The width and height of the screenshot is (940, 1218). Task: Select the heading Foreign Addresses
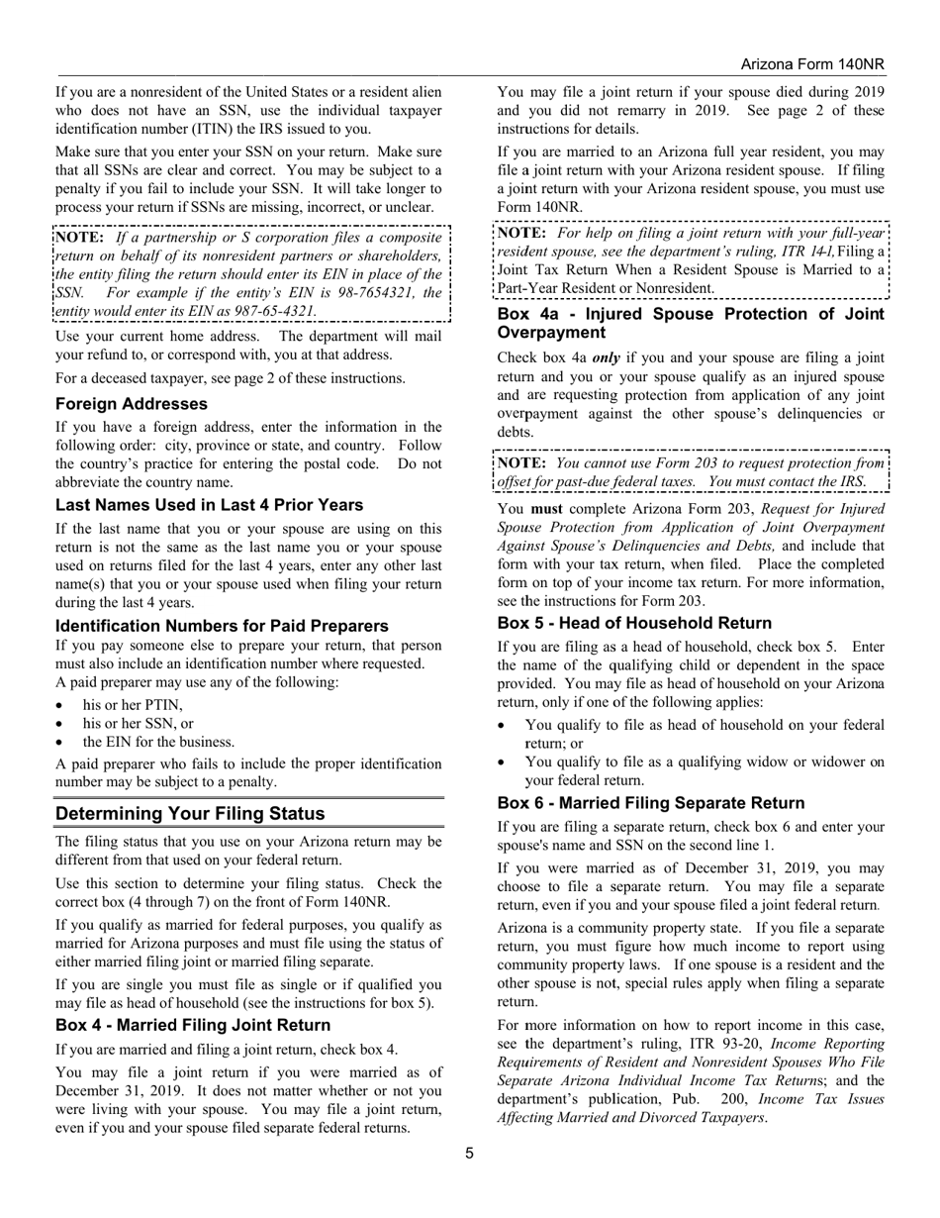(x=132, y=404)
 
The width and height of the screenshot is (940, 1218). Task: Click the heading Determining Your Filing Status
(x=190, y=814)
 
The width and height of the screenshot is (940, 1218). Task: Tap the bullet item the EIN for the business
(x=158, y=742)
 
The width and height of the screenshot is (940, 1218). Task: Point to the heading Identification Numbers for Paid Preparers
(x=222, y=626)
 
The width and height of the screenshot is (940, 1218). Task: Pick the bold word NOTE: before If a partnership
(x=80, y=238)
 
